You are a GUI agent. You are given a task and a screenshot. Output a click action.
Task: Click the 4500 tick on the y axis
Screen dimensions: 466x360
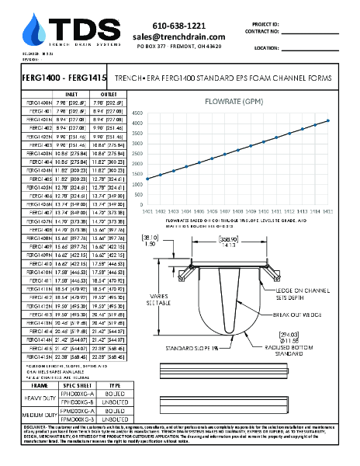[137, 112]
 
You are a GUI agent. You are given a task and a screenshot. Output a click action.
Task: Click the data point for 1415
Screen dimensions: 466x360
[328, 120]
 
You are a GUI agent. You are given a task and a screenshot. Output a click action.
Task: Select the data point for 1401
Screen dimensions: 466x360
[147, 179]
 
